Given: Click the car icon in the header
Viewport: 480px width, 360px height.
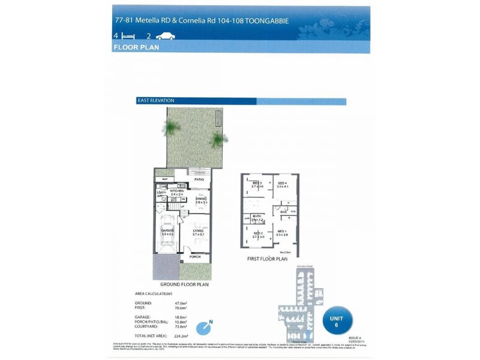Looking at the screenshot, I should [165, 37].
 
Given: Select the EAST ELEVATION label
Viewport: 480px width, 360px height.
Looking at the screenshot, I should [155, 101].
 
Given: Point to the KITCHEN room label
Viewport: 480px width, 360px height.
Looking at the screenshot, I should [176, 191].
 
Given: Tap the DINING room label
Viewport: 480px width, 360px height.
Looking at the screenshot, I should [201, 199].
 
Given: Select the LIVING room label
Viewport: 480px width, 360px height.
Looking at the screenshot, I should [198, 231].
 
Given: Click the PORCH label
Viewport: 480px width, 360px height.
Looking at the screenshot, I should [194, 257].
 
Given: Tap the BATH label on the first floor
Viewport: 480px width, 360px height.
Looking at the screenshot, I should [257, 216].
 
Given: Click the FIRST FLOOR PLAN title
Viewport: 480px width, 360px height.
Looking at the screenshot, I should [268, 260].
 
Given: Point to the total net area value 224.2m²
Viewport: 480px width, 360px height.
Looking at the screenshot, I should [181, 336].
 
